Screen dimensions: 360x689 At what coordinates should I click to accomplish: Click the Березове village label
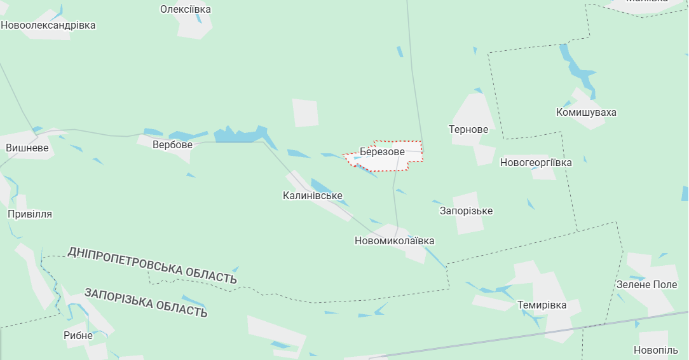[x=382, y=152]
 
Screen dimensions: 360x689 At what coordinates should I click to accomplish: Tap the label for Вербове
[x=172, y=145]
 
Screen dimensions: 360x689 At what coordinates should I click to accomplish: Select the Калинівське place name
[x=313, y=196]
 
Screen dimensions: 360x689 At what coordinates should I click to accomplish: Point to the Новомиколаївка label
[x=395, y=241]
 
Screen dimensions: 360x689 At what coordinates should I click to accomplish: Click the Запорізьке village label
[x=466, y=211]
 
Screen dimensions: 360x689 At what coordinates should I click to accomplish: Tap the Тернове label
[x=468, y=130]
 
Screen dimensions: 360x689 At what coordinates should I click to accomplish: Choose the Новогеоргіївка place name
[x=536, y=163]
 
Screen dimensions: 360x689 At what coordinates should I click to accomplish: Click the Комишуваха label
[x=586, y=113]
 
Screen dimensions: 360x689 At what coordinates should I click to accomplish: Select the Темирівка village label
[x=542, y=305]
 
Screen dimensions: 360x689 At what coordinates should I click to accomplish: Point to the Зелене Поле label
[x=647, y=284]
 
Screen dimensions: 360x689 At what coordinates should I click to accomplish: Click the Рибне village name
[x=78, y=336]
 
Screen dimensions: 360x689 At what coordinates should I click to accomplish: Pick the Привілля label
[x=30, y=214]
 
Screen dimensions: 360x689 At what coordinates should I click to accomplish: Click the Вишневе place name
[x=27, y=148]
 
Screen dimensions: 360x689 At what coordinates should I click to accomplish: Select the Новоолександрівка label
[x=48, y=25]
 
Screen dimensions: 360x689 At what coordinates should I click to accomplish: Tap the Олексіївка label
[x=186, y=10]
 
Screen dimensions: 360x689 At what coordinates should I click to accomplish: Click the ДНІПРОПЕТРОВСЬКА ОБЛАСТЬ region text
[x=152, y=265]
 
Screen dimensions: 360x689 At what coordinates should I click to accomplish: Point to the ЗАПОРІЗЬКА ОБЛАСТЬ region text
[x=146, y=302]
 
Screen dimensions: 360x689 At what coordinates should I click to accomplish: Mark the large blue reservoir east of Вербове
[x=239, y=135]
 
